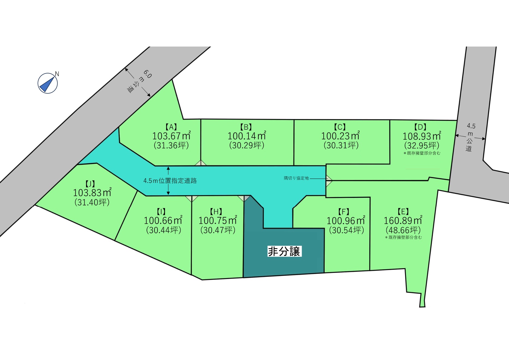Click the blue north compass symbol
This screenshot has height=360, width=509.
(x=48, y=83)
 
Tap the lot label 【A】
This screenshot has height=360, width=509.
(x=171, y=127)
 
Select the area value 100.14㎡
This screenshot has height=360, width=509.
(x=247, y=136)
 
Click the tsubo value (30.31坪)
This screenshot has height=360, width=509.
(x=341, y=145)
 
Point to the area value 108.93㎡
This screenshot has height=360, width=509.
(x=422, y=136)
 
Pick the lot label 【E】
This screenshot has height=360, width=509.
(x=403, y=212)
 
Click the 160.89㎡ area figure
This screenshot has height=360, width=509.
(x=403, y=221)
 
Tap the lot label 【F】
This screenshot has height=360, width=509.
(x=344, y=212)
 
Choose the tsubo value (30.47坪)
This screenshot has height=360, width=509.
(x=218, y=230)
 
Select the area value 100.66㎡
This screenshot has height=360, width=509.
(x=163, y=221)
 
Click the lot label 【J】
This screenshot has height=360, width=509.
(x=90, y=184)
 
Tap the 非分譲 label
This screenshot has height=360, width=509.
(x=284, y=251)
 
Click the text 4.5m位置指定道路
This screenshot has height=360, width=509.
(x=170, y=181)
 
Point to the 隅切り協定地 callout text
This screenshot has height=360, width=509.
(x=296, y=178)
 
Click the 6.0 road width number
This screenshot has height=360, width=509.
(x=147, y=74)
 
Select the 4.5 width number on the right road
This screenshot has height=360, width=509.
(x=471, y=126)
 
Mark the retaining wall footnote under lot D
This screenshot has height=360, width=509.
(x=422, y=153)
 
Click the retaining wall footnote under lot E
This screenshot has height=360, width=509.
(x=403, y=238)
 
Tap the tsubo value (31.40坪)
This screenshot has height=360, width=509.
(x=92, y=202)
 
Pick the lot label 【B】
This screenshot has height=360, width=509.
(x=246, y=127)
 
